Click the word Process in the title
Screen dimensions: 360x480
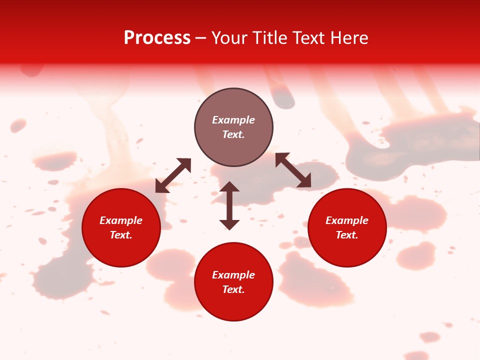[157, 38]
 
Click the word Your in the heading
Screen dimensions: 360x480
[229, 38]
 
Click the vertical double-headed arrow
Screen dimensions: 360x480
[229, 205]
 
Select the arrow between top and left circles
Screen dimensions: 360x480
[173, 175]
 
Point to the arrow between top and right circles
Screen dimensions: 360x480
[293, 170]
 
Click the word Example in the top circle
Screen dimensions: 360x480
[233, 120]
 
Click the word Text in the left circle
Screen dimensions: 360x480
[121, 235]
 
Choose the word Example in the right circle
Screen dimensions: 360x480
[347, 220]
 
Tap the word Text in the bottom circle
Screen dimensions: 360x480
[233, 289]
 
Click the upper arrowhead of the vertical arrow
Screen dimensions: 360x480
[229, 186]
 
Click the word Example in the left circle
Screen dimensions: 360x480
[121, 220]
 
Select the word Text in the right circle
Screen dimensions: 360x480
[347, 235]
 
